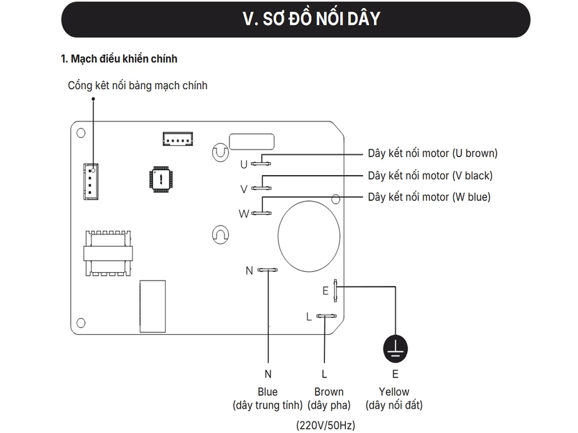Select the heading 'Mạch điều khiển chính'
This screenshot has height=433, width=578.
click(x=119, y=59)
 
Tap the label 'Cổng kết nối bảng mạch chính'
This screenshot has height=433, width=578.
click(x=138, y=86)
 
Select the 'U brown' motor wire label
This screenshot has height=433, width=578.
click(x=433, y=153)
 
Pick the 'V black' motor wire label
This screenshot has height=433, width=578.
click(x=430, y=176)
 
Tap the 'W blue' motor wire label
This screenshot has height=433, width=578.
click(x=429, y=197)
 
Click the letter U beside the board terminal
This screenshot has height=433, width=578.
click(x=244, y=165)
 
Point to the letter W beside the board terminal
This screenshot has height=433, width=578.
click(x=244, y=214)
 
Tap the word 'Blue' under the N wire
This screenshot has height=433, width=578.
click(x=267, y=392)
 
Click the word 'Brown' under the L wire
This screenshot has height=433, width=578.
click(x=329, y=392)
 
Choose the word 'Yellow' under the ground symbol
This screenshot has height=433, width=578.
click(x=394, y=392)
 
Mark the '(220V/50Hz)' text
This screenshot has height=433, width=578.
click(x=325, y=425)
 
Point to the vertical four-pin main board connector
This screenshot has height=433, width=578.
click(x=91, y=180)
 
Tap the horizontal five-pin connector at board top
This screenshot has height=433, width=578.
click(x=177, y=139)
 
